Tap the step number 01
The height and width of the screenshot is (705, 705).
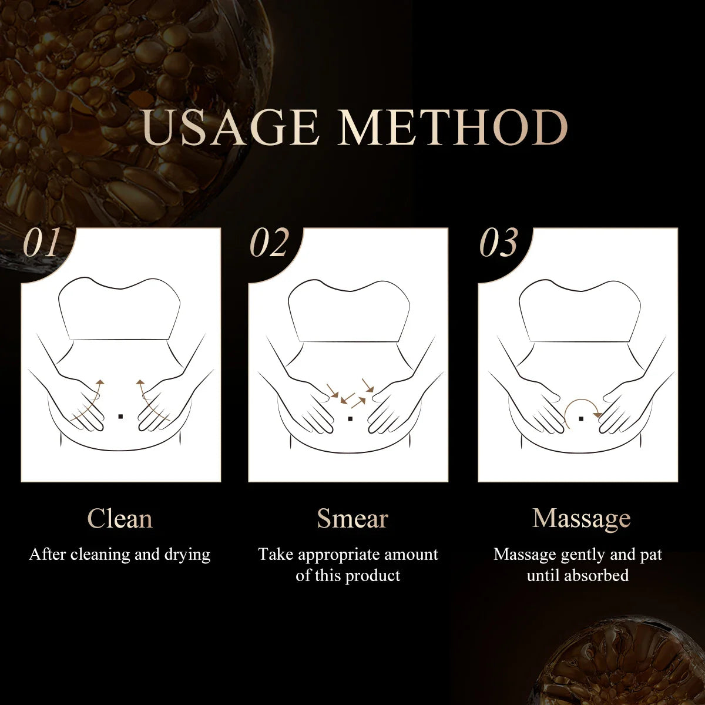click(x=42, y=243)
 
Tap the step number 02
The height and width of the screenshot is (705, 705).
click(x=270, y=243)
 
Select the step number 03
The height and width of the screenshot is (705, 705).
click(x=499, y=243)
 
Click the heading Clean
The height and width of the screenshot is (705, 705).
click(x=120, y=519)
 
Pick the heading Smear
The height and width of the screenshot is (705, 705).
click(x=352, y=519)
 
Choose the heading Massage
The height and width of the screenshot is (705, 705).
click(x=581, y=519)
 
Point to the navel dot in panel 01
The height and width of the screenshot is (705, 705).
click(x=120, y=417)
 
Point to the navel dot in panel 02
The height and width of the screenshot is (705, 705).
click(x=350, y=419)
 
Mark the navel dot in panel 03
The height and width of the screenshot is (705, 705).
click(x=580, y=419)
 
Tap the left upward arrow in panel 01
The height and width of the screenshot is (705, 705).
click(x=94, y=399)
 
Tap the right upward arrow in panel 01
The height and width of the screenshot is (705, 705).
click(x=147, y=399)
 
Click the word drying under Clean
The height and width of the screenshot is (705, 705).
click(x=187, y=555)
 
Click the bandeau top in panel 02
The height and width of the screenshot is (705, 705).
click(x=350, y=311)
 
